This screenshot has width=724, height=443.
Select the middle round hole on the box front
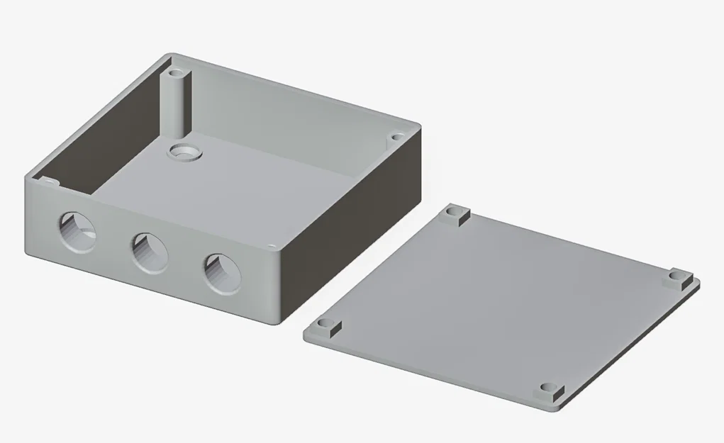click(149, 252)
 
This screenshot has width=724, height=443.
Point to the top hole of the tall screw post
click(177, 72)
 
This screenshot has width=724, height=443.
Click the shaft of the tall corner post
click(177, 106)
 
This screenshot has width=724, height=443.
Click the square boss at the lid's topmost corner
click(455, 213)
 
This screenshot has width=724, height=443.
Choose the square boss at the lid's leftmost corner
click(325, 327)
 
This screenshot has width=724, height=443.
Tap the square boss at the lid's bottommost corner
click(550, 392)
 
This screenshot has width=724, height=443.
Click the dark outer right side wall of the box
click(355, 227)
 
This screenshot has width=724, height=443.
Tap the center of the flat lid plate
click(500, 301)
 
